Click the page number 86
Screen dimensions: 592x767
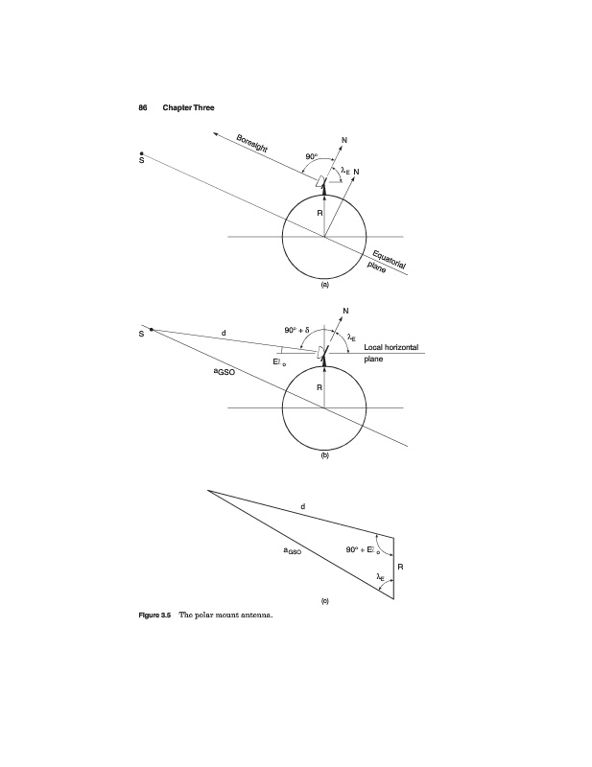tap(143, 107)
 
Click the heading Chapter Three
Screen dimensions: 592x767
tap(188, 107)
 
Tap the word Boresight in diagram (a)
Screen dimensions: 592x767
tap(251, 144)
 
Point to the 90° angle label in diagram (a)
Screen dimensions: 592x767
tap(312, 156)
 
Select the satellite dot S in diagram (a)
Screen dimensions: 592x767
tap(141, 153)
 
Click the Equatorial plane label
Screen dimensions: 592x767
tap(387, 263)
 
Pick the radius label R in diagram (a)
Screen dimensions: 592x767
tap(320, 213)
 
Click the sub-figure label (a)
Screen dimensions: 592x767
tap(324, 285)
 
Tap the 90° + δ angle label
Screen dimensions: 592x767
tap(296, 330)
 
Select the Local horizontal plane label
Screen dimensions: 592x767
tap(391, 353)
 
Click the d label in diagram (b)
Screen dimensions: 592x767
tap(224, 333)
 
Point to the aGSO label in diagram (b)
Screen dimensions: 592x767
tap(225, 372)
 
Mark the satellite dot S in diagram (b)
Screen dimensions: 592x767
tap(152, 330)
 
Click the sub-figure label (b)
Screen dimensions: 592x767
tap(324, 455)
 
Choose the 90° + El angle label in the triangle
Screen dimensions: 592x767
tap(363, 549)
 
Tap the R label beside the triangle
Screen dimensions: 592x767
tap(400, 567)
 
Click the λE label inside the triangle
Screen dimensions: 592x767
tap(380, 577)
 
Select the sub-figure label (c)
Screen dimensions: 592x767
tap(324, 601)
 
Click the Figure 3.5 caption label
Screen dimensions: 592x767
tap(154, 615)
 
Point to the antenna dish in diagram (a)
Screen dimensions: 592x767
tap(320, 181)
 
